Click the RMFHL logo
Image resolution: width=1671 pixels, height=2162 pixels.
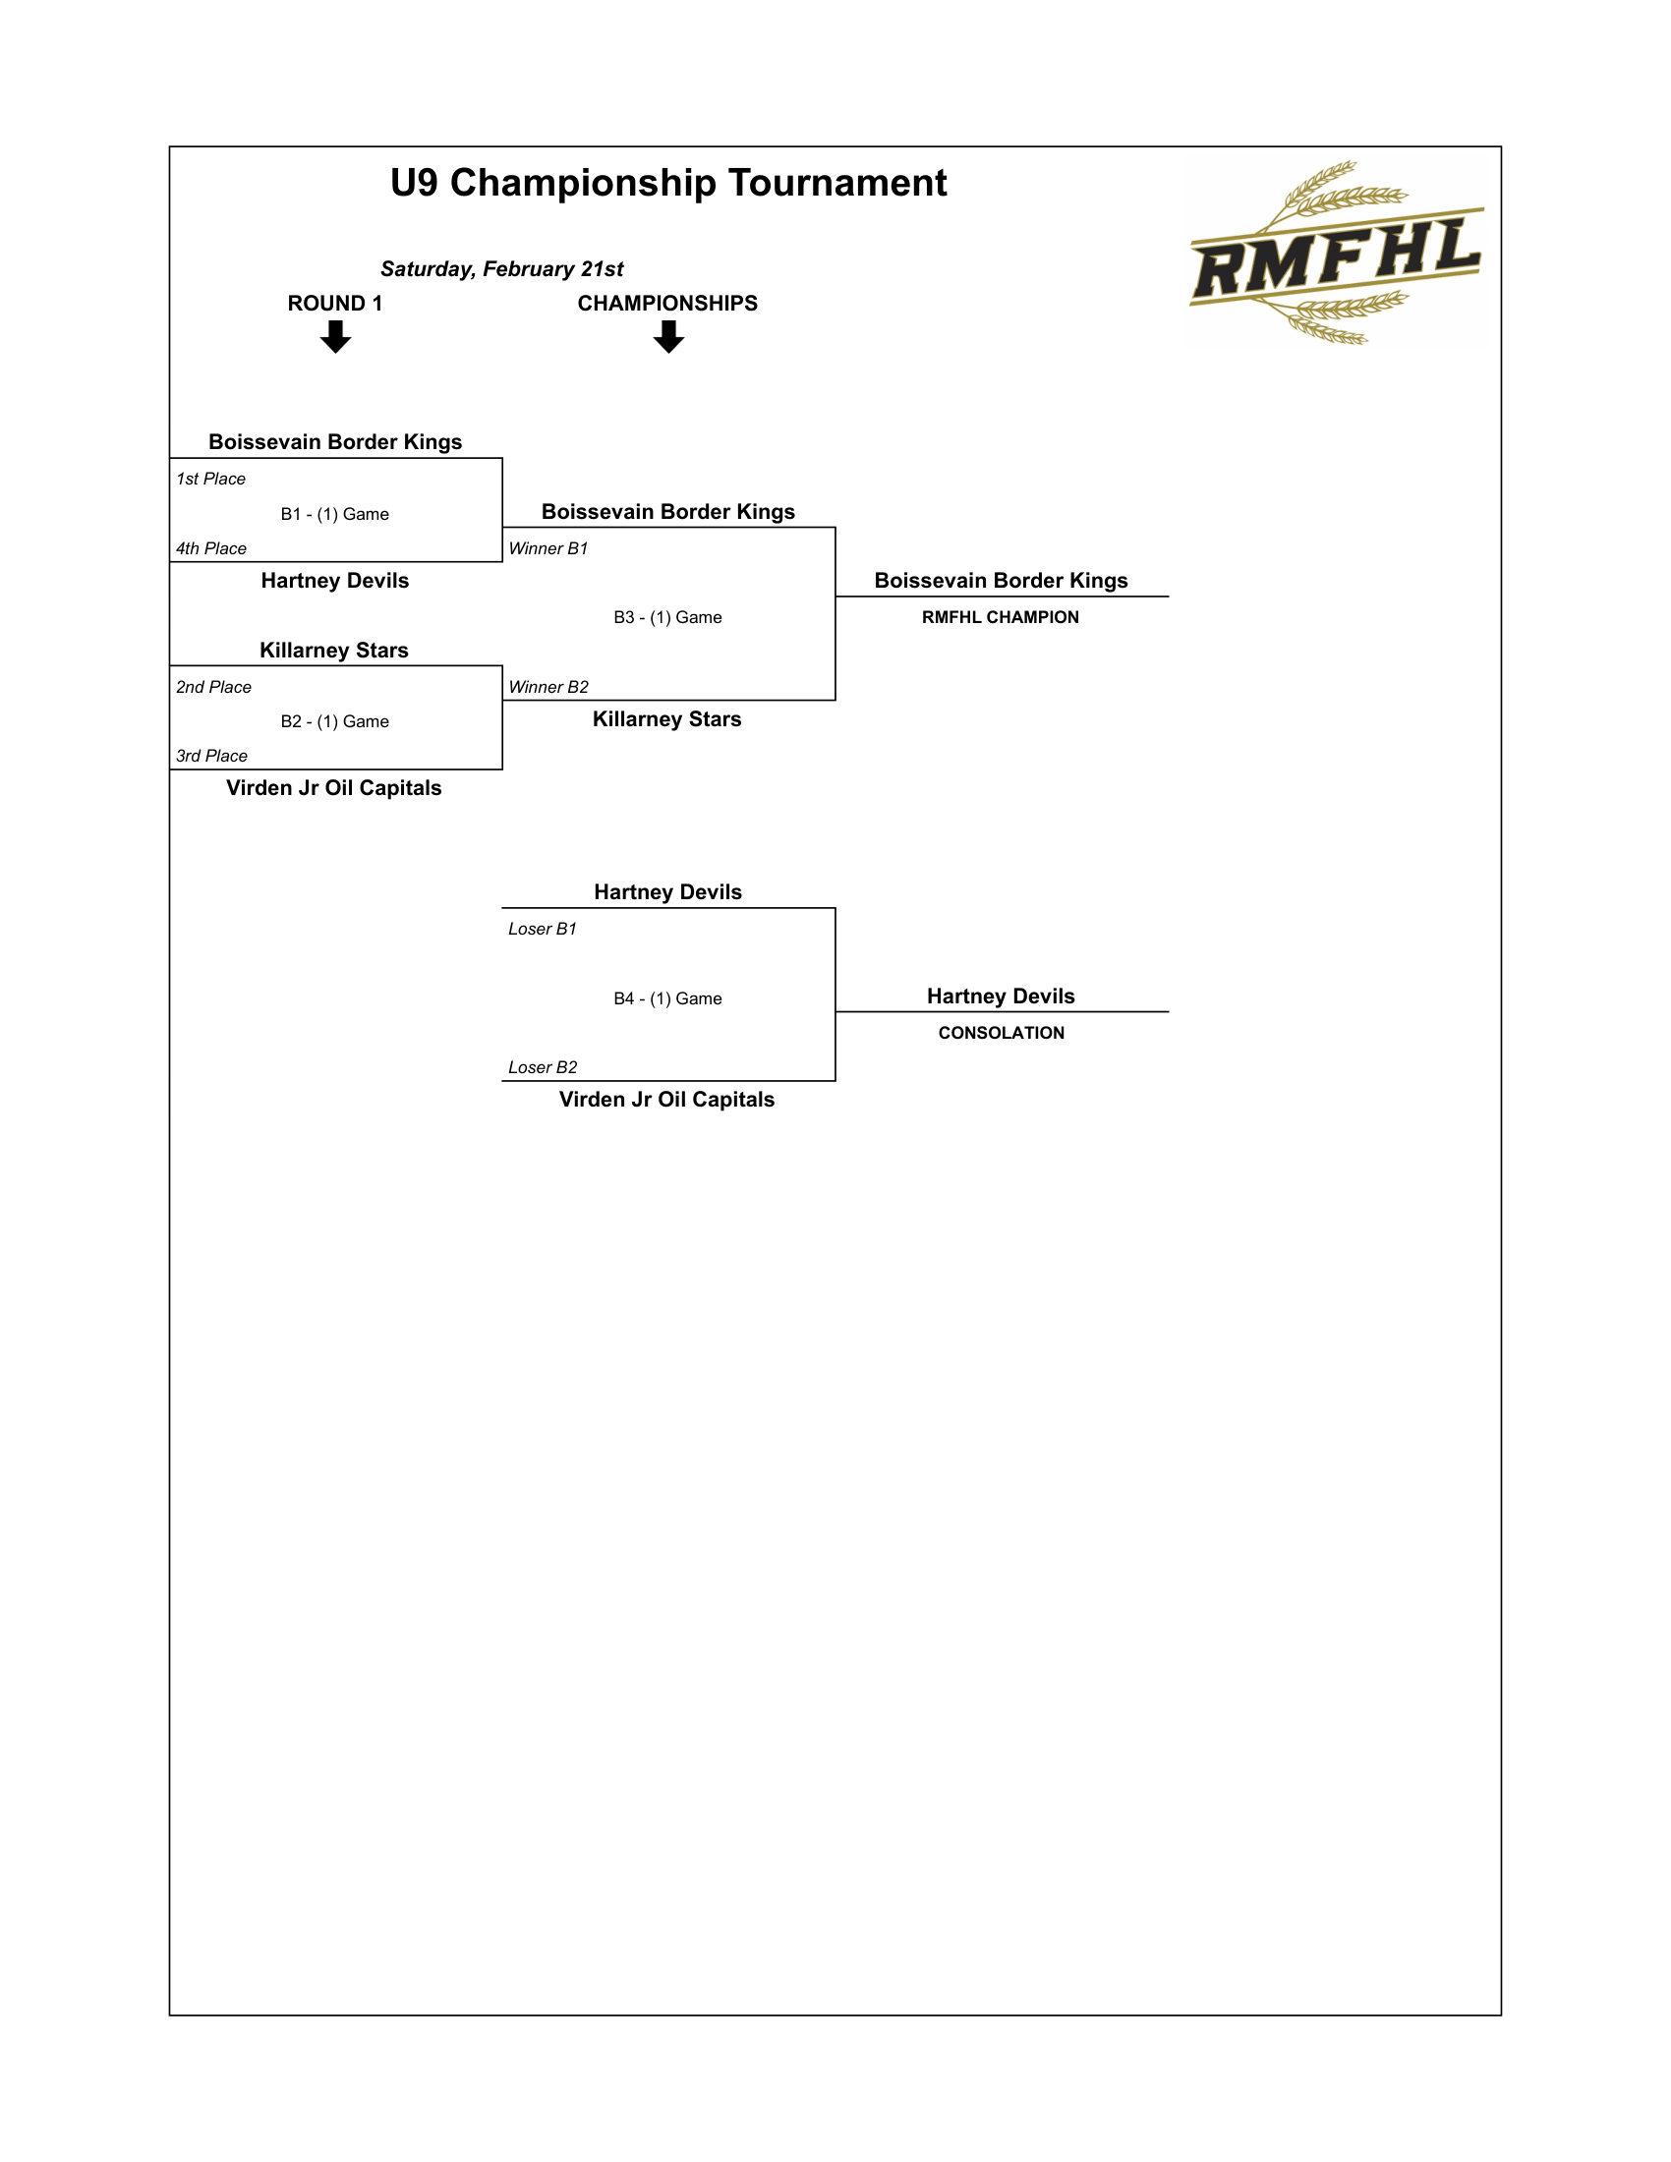[x=1336, y=255]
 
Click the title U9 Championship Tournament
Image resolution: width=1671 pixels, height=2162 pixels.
[x=668, y=183]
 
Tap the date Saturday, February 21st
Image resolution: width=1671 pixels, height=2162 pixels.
[x=502, y=269]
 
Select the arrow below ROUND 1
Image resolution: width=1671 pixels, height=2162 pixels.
[x=335, y=336]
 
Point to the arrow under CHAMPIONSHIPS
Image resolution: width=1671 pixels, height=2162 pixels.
[x=668, y=336]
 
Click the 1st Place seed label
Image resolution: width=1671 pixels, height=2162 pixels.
[x=211, y=480]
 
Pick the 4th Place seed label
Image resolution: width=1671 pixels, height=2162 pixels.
[x=211, y=548]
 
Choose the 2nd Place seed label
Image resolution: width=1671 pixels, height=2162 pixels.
[x=214, y=687]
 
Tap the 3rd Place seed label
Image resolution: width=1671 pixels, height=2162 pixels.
[x=212, y=757]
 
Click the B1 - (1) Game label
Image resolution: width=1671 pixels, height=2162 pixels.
[x=334, y=515]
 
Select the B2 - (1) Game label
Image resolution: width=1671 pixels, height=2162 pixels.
[x=334, y=721]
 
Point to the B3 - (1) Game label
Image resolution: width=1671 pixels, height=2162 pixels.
[x=667, y=618]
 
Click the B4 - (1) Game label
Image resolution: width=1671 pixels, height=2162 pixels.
[x=667, y=998]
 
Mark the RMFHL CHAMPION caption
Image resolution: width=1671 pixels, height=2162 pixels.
[x=1000, y=618]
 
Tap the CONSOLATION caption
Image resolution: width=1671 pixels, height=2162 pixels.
[x=1001, y=1034]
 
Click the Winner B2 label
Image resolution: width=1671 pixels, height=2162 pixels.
[x=548, y=687]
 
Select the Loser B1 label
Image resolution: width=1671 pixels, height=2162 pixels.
[x=543, y=930]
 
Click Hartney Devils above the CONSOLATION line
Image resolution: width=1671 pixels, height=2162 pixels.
[x=1001, y=996]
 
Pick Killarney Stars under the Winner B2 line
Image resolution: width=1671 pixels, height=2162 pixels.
[x=667, y=719]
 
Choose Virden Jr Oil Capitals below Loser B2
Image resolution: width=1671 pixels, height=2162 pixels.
[x=667, y=1100]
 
